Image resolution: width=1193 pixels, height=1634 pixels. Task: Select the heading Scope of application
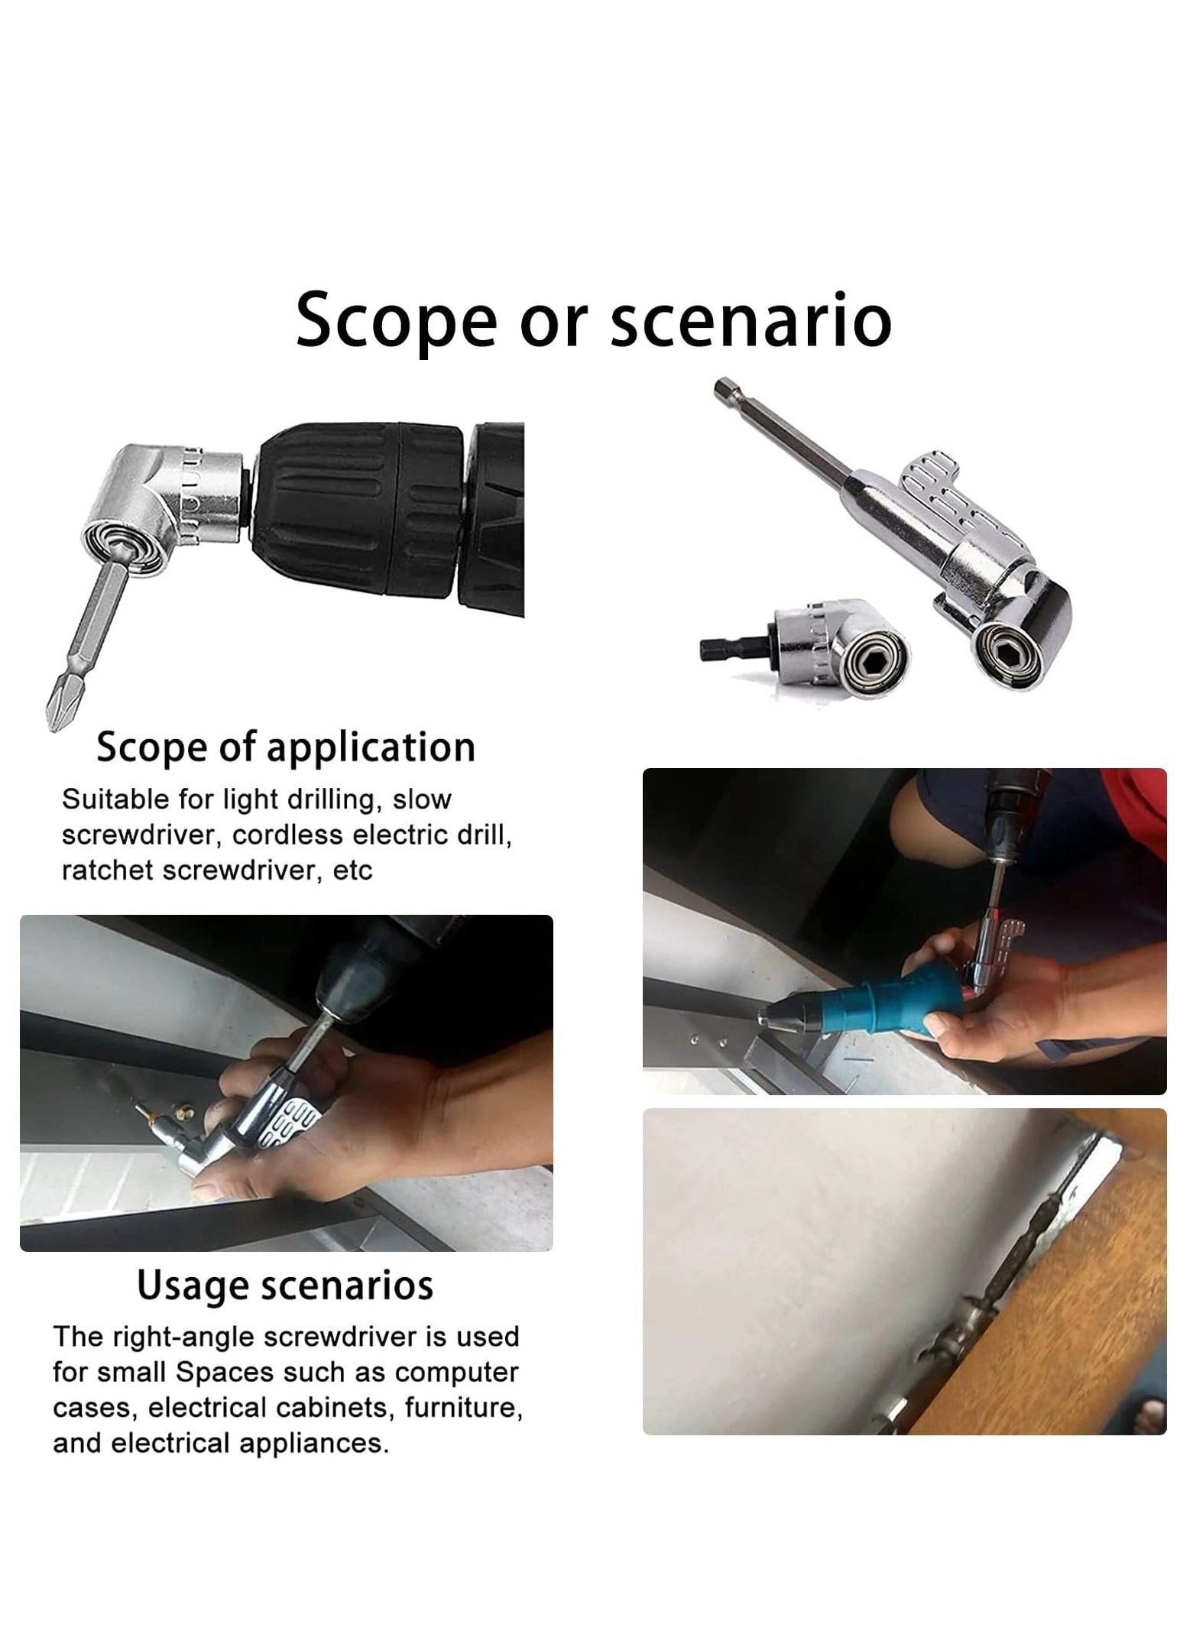coord(286,748)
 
